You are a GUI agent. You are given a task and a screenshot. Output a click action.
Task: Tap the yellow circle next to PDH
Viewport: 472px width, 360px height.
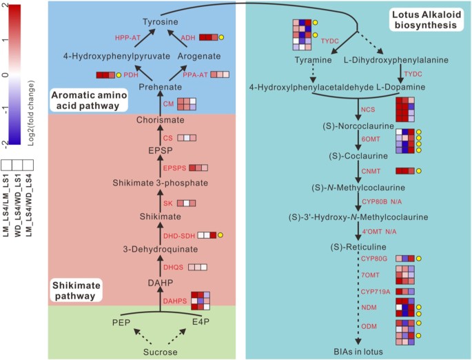pyautogui.click(x=119, y=74)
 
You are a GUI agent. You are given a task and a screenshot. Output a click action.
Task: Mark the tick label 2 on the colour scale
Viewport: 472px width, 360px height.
pyautogui.click(x=5, y=6)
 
